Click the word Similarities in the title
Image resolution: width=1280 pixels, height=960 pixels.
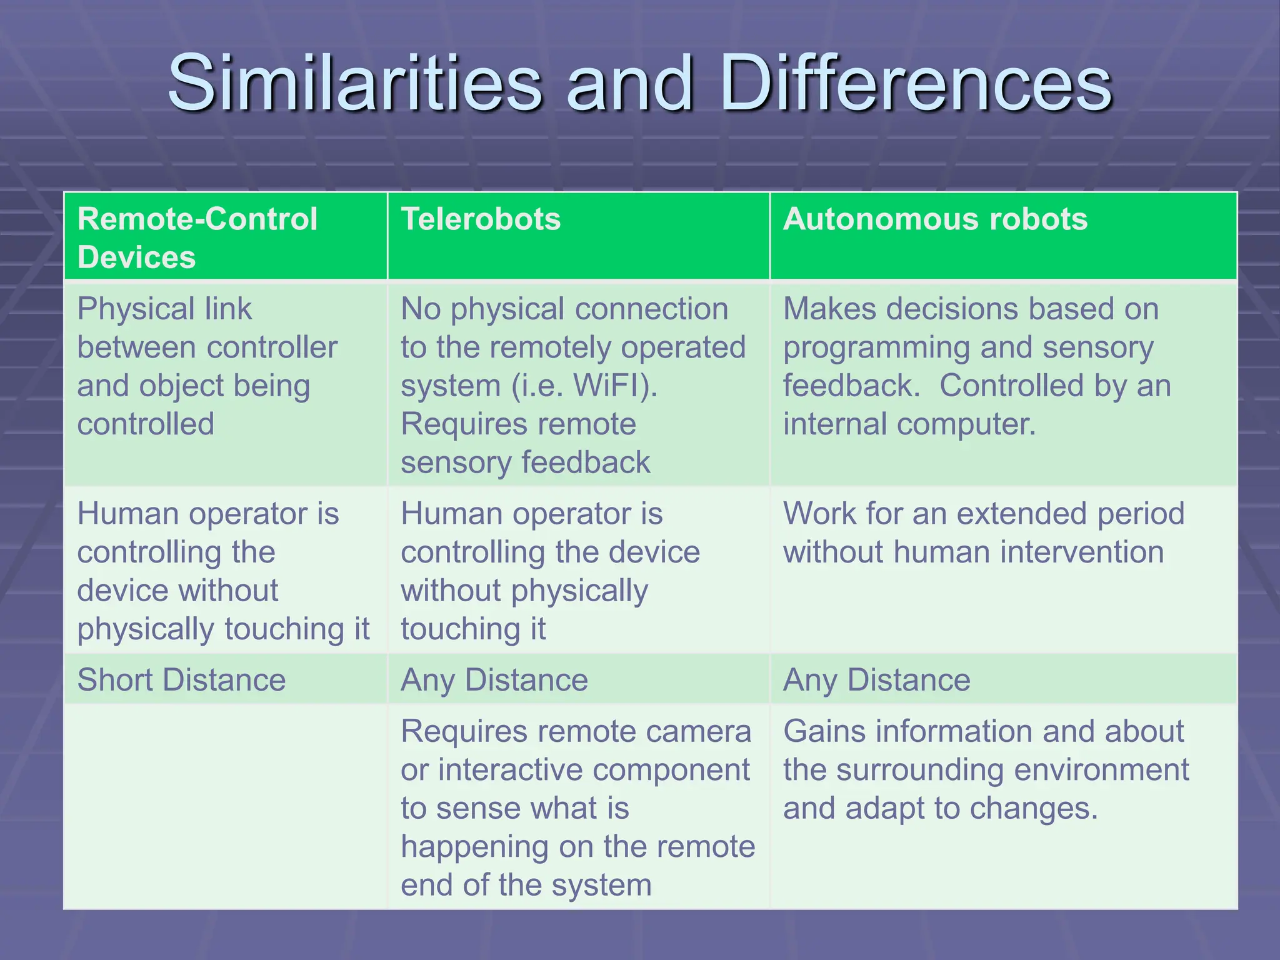click(354, 83)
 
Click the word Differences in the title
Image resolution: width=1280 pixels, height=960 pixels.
click(916, 83)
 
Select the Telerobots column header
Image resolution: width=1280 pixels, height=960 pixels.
click(481, 219)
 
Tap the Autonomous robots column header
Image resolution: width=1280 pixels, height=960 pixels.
click(935, 219)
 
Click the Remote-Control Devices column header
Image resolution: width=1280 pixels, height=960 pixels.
click(197, 237)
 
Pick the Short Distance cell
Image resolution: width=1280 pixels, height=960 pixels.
click(181, 679)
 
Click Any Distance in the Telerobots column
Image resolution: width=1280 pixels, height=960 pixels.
click(494, 679)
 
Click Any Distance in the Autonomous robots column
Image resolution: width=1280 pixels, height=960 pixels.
click(876, 679)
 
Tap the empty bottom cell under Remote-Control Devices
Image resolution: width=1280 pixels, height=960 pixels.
click(225, 806)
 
